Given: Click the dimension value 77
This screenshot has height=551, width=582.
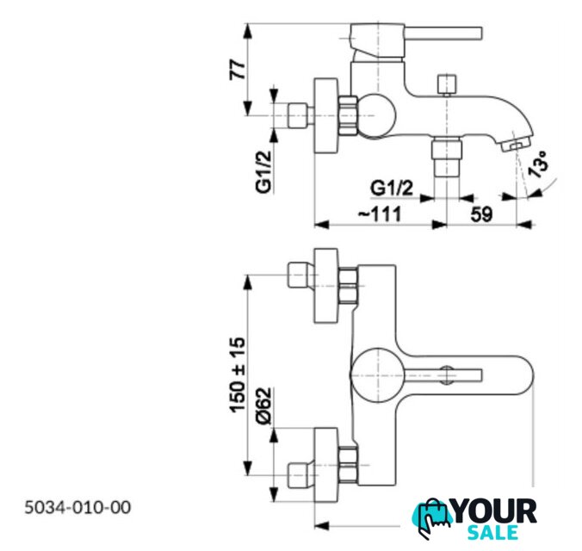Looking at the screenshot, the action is (237, 70).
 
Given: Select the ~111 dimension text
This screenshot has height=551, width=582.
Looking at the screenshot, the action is (380, 214).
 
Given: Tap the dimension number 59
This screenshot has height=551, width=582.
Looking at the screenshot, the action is (481, 214).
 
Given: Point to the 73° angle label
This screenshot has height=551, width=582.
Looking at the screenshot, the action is (538, 164).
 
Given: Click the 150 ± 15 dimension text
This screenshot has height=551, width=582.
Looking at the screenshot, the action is (237, 375).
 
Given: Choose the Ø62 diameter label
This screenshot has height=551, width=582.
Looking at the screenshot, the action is (264, 406).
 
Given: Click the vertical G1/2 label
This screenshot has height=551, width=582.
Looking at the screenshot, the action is (264, 171).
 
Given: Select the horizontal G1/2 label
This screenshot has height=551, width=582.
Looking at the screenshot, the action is (392, 188).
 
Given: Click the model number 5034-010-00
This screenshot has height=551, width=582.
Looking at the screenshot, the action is (77, 507).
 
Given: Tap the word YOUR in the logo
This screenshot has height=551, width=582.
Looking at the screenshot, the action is (496, 511).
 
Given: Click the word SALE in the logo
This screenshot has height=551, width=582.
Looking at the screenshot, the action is (492, 532).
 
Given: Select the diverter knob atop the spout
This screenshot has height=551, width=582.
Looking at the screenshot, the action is (447, 85).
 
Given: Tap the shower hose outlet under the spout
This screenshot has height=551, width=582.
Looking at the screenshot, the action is (447, 157).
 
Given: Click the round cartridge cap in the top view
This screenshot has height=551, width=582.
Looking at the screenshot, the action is (377, 375).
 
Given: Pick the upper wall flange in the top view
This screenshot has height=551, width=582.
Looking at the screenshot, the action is (326, 286).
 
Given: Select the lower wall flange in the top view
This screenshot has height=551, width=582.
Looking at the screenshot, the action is (326, 465).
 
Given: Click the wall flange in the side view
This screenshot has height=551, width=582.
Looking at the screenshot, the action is (326, 115).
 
